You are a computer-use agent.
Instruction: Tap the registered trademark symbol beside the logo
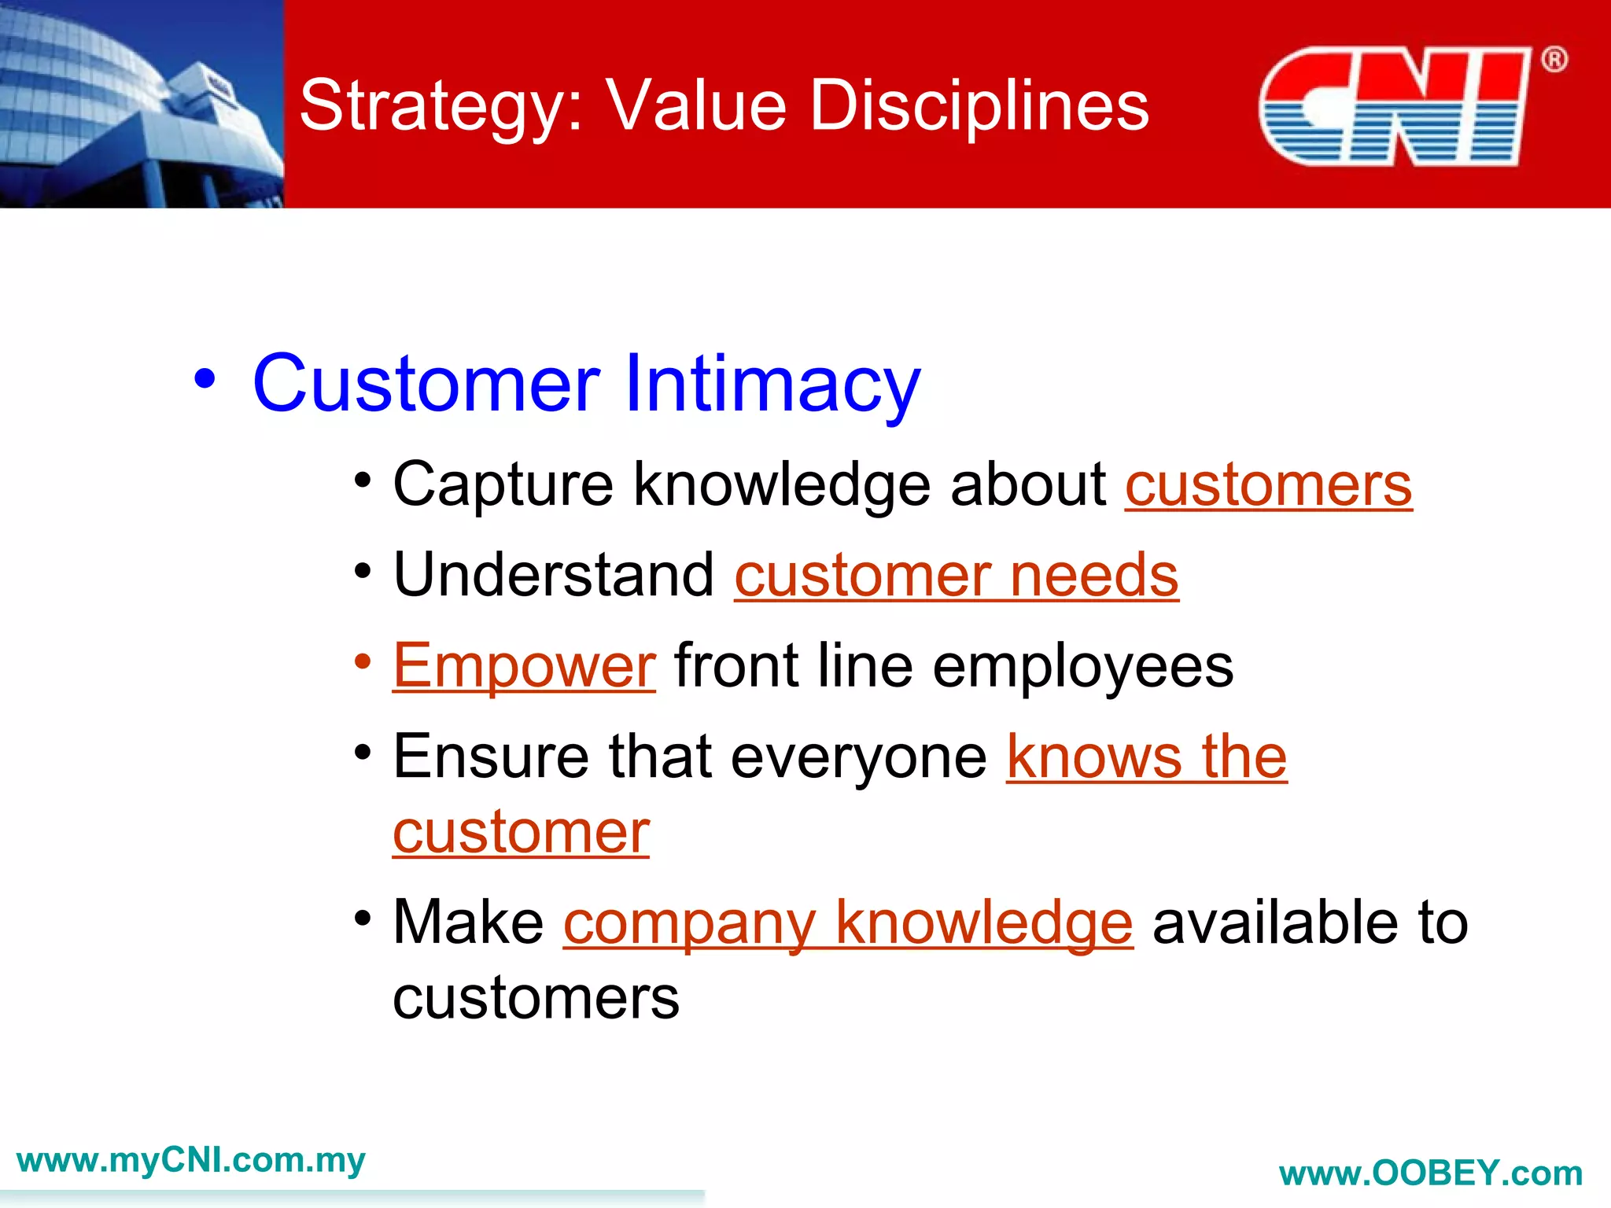pyautogui.click(x=1554, y=60)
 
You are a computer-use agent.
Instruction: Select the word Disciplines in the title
pyautogui.click(x=979, y=106)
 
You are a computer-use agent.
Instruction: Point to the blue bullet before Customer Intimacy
pyautogui.click(x=205, y=379)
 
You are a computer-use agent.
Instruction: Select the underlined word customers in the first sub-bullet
pyautogui.click(x=1268, y=485)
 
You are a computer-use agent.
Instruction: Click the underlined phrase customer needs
pyautogui.click(x=956, y=576)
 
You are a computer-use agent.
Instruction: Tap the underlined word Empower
pyautogui.click(x=524, y=666)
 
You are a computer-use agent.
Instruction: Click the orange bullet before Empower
pyautogui.click(x=362, y=661)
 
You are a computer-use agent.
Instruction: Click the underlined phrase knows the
pyautogui.click(x=1146, y=757)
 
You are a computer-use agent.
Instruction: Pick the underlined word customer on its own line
pyautogui.click(x=521, y=833)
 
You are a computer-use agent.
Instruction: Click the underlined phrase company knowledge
pyautogui.click(x=848, y=923)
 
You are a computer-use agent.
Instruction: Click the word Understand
pyautogui.click(x=554, y=575)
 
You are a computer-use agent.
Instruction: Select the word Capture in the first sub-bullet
pyautogui.click(x=502, y=485)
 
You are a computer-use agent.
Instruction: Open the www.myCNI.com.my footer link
pyautogui.click(x=191, y=1161)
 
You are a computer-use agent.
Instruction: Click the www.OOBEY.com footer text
pyautogui.click(x=1430, y=1173)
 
